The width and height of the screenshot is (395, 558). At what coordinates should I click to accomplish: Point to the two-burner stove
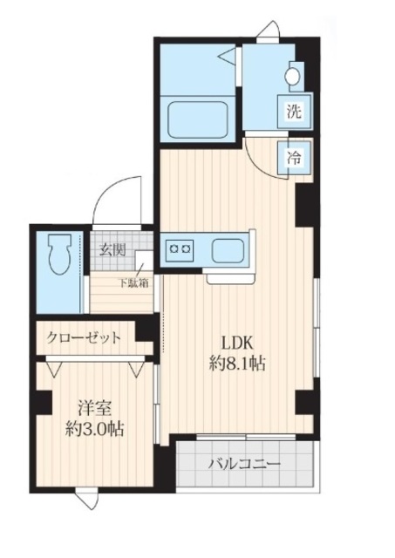[x=181, y=250]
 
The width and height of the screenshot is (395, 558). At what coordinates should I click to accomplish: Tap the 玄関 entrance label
[x=112, y=250]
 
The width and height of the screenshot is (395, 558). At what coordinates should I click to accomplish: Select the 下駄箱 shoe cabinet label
[x=133, y=281]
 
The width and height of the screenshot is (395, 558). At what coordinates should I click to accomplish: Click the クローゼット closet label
[x=85, y=337]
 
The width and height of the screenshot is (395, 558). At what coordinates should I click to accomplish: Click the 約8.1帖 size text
[x=235, y=364]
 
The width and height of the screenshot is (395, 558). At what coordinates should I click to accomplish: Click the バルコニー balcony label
[x=243, y=463]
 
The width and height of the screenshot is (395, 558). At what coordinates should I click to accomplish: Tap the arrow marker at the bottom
[x=85, y=500]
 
